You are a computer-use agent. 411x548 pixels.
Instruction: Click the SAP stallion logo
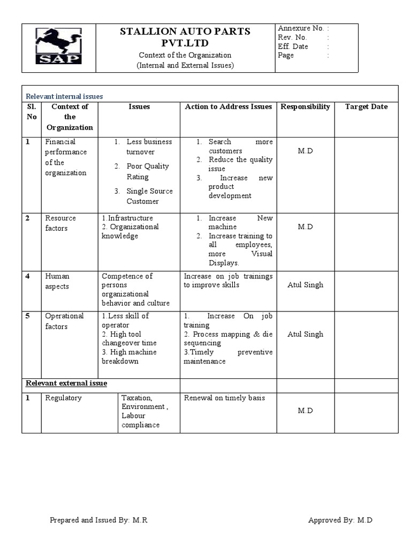tap(58, 46)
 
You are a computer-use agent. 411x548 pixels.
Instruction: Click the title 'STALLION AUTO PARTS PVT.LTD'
tap(185, 37)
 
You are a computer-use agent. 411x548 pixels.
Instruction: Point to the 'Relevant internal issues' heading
tap(64, 96)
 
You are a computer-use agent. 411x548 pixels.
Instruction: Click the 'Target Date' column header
tap(366, 106)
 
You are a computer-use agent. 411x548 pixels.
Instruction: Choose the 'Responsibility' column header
tap(305, 106)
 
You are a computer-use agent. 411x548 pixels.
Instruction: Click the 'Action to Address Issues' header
tap(229, 106)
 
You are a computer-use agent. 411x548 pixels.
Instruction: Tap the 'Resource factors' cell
tap(60, 223)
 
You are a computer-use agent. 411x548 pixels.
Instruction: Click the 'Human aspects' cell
tap(57, 281)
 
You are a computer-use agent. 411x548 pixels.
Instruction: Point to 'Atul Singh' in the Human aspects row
tap(305, 285)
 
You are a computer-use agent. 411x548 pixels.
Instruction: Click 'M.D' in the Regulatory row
tap(305, 410)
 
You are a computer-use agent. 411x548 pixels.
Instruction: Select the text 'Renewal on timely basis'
tap(224, 398)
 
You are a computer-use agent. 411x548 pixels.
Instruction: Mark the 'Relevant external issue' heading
tap(67, 383)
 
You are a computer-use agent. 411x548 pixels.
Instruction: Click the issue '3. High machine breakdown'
tap(129, 356)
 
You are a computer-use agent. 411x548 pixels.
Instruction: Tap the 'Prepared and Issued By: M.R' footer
tap(101, 520)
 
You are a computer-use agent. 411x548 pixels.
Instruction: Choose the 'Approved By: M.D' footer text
tap(340, 520)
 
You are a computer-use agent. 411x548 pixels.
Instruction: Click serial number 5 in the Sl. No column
tap(27, 316)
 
